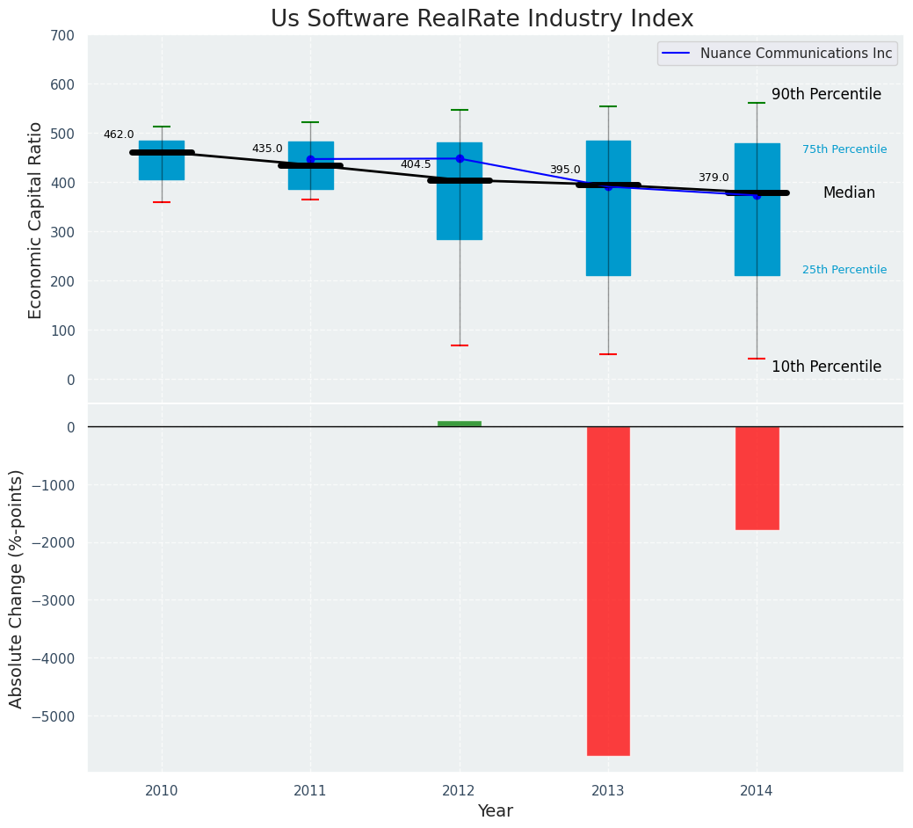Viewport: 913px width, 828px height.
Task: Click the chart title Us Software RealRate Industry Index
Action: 482,19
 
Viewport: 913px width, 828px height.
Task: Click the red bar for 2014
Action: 757,478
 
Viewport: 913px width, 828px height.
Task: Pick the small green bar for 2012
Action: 459,424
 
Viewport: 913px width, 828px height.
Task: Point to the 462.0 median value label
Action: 119,134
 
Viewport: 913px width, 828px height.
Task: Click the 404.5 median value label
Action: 416,164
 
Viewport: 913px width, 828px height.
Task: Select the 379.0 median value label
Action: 714,178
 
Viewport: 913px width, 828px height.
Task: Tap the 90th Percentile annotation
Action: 826,94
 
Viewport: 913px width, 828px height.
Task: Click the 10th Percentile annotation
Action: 826,367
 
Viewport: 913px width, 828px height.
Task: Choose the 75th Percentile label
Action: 844,149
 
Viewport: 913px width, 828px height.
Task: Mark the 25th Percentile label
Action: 844,270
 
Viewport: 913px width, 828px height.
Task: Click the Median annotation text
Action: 849,193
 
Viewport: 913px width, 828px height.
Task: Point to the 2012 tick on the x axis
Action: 459,791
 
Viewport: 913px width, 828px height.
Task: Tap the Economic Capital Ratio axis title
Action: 36,220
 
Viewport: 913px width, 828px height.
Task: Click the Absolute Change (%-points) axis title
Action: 17,588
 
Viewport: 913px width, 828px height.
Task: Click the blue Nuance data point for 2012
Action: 460,158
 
